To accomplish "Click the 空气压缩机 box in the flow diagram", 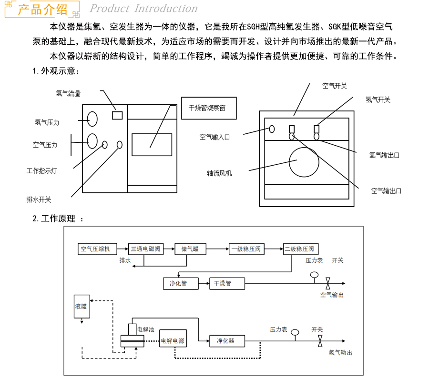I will click(x=95, y=249).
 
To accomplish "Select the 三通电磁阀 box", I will click(x=146, y=249).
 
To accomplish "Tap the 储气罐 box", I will click(x=190, y=249).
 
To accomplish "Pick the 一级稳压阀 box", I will click(x=245, y=249).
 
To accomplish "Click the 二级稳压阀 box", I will click(x=301, y=249).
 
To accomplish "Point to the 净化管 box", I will click(x=178, y=284).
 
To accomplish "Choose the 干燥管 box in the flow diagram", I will click(x=227, y=284).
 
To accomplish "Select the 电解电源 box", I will click(x=172, y=341).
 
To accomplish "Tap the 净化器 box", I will click(x=227, y=341).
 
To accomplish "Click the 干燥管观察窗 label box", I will click(x=209, y=108).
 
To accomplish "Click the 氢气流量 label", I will click(x=68, y=93).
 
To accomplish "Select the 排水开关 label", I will click(x=39, y=199).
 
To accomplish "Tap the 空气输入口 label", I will click(x=214, y=137).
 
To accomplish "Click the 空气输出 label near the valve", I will click(x=332, y=295).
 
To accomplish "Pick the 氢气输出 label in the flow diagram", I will click(x=340, y=353).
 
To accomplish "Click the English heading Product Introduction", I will click(x=143, y=9).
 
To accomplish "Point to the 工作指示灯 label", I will click(x=41, y=170).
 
